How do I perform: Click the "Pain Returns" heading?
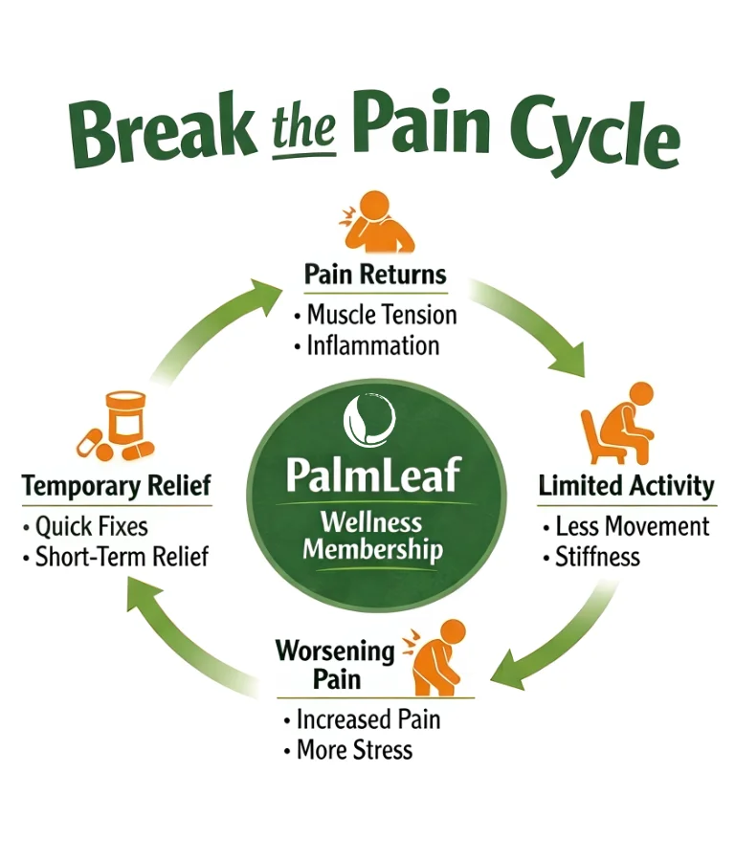tap(375, 275)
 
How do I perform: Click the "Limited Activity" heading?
tap(627, 485)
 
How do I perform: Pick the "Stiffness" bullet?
tap(597, 557)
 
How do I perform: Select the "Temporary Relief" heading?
tap(116, 486)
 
